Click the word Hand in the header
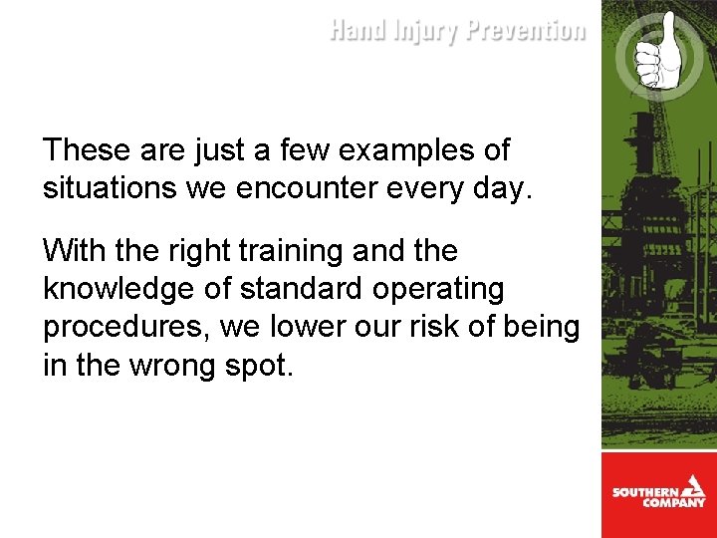[357, 31]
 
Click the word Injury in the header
[423, 32]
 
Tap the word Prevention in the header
[526, 31]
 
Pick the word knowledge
[119, 289]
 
